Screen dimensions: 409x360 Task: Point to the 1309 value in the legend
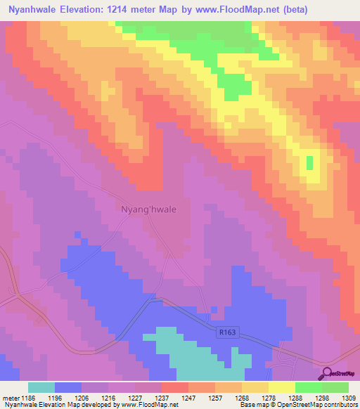[x=349, y=398]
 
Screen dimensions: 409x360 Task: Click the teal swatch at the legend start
[x=41, y=387]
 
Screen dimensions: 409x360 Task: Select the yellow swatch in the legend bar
[x=282, y=387]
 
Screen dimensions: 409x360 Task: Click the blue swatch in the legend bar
[x=68, y=387]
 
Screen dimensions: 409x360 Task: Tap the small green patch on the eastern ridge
[x=309, y=163]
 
